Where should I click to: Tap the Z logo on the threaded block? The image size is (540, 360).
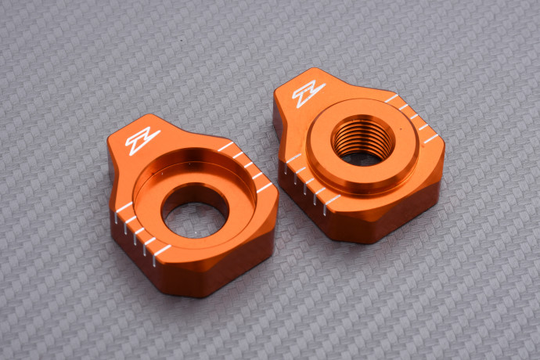click(x=308, y=94)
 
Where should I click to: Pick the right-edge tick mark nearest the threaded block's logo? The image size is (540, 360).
click(x=391, y=99)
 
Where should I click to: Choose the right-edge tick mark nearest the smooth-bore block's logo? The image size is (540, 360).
click(x=225, y=146)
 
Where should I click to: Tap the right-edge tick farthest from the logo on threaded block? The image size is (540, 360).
click(x=430, y=139)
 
